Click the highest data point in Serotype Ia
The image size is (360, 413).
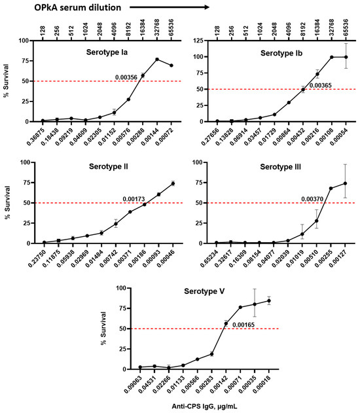coord(157,60)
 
